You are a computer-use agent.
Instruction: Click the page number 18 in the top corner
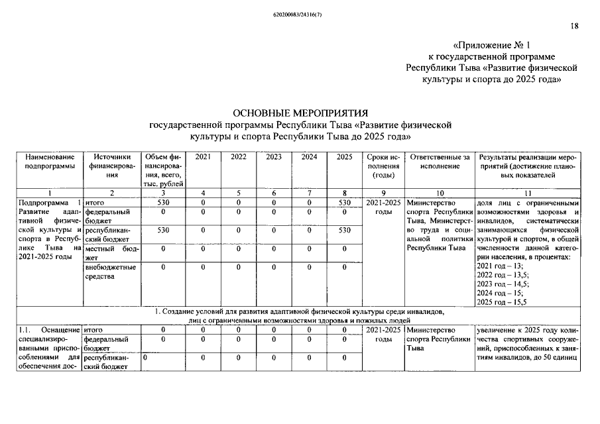pyautogui.click(x=574, y=26)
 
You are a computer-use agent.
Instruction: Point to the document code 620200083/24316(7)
pyautogui.click(x=300, y=13)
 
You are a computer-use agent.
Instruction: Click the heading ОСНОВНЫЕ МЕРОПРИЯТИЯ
pyautogui.click(x=300, y=113)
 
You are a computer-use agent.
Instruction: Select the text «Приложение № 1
pyautogui.click(x=492, y=45)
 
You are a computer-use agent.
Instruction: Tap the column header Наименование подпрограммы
pyautogui.click(x=48, y=161)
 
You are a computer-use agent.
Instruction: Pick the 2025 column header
pyautogui.click(x=344, y=156)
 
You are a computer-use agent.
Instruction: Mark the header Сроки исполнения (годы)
pyautogui.click(x=383, y=166)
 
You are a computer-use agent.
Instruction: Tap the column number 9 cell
pyautogui.click(x=383, y=193)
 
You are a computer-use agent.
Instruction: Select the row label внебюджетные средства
pyautogui.click(x=111, y=272)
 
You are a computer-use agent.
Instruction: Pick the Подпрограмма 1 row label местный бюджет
pyautogui.click(x=111, y=252)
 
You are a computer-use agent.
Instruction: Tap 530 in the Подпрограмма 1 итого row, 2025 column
pyautogui.click(x=344, y=201)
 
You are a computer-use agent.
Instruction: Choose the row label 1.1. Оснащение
pyautogui.click(x=48, y=329)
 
